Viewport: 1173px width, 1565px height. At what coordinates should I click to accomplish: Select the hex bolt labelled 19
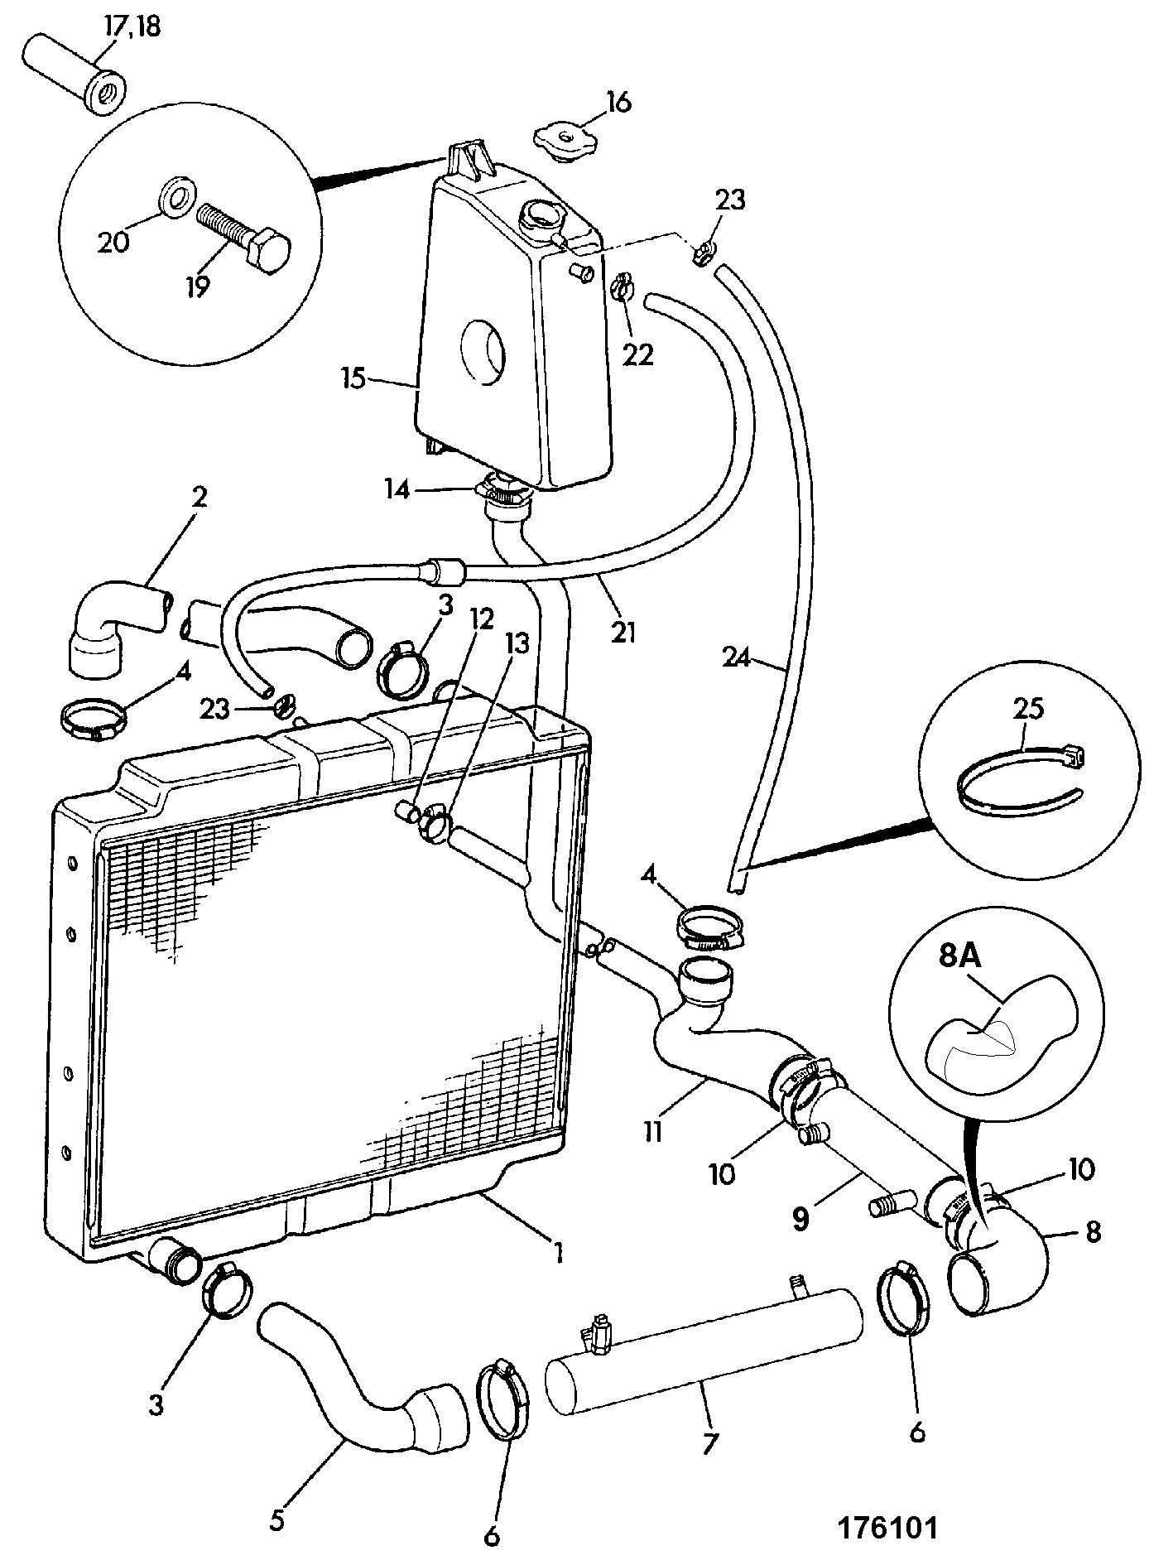pyautogui.click(x=245, y=237)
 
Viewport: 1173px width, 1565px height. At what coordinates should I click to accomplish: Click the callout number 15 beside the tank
pyautogui.click(x=353, y=380)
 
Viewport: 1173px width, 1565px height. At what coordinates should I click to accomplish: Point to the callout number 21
pyautogui.click(x=623, y=633)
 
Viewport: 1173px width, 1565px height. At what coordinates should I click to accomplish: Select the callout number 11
pyautogui.click(x=653, y=1131)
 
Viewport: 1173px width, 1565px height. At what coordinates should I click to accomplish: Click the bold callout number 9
pyautogui.click(x=800, y=1221)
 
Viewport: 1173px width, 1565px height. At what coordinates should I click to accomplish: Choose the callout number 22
pyautogui.click(x=638, y=354)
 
